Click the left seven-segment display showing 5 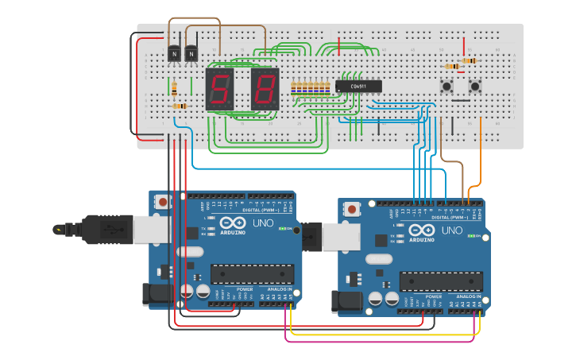point(219,89)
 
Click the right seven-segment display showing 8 point(265,89)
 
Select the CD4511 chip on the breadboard point(358,86)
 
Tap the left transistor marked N point(174,53)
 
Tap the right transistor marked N point(191,53)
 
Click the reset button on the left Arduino point(163,202)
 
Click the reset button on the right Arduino point(351,209)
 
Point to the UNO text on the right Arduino point(451,230)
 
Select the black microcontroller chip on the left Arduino point(251,274)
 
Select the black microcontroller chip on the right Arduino point(441,281)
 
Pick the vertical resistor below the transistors point(174,87)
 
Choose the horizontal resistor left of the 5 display point(179,106)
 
